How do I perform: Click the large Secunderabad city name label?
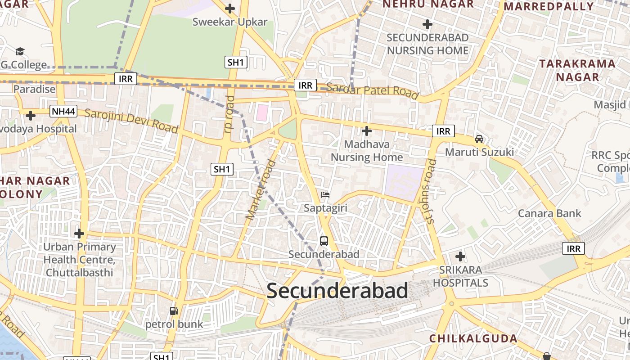pos(337,291)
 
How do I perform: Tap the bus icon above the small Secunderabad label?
pos(324,241)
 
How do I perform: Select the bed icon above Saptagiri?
pos(325,195)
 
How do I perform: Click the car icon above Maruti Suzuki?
pos(479,139)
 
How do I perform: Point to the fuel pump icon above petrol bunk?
pos(174,310)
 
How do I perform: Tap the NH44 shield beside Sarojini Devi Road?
pos(63,111)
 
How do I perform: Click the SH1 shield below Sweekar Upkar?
pos(236,62)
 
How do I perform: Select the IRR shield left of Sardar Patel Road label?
pos(305,85)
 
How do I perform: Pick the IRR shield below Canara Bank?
pos(573,248)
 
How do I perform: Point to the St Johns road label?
pos(431,191)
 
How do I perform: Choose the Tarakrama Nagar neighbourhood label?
pos(577,70)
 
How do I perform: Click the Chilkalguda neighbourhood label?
pos(473,338)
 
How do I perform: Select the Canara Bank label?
pos(549,213)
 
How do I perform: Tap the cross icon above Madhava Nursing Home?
pos(367,131)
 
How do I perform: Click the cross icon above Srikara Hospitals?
pos(460,256)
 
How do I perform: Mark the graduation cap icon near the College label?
pos(20,51)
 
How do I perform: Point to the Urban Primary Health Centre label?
pos(80,260)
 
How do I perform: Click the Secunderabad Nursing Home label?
pos(427,44)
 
